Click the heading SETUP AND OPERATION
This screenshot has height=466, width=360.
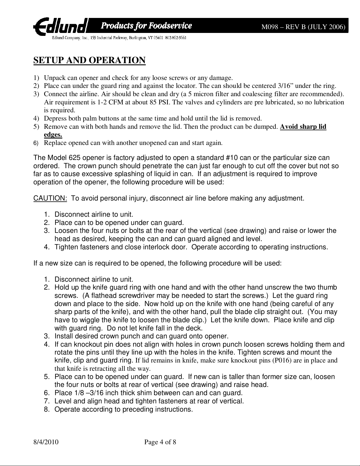click(90, 60)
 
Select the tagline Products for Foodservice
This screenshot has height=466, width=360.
click(147, 26)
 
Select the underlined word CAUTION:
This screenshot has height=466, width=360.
click(51, 198)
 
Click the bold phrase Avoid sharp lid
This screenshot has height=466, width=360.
click(303, 127)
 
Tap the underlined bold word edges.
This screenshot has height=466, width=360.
click(53, 135)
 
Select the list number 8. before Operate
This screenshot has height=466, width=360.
click(47, 409)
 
